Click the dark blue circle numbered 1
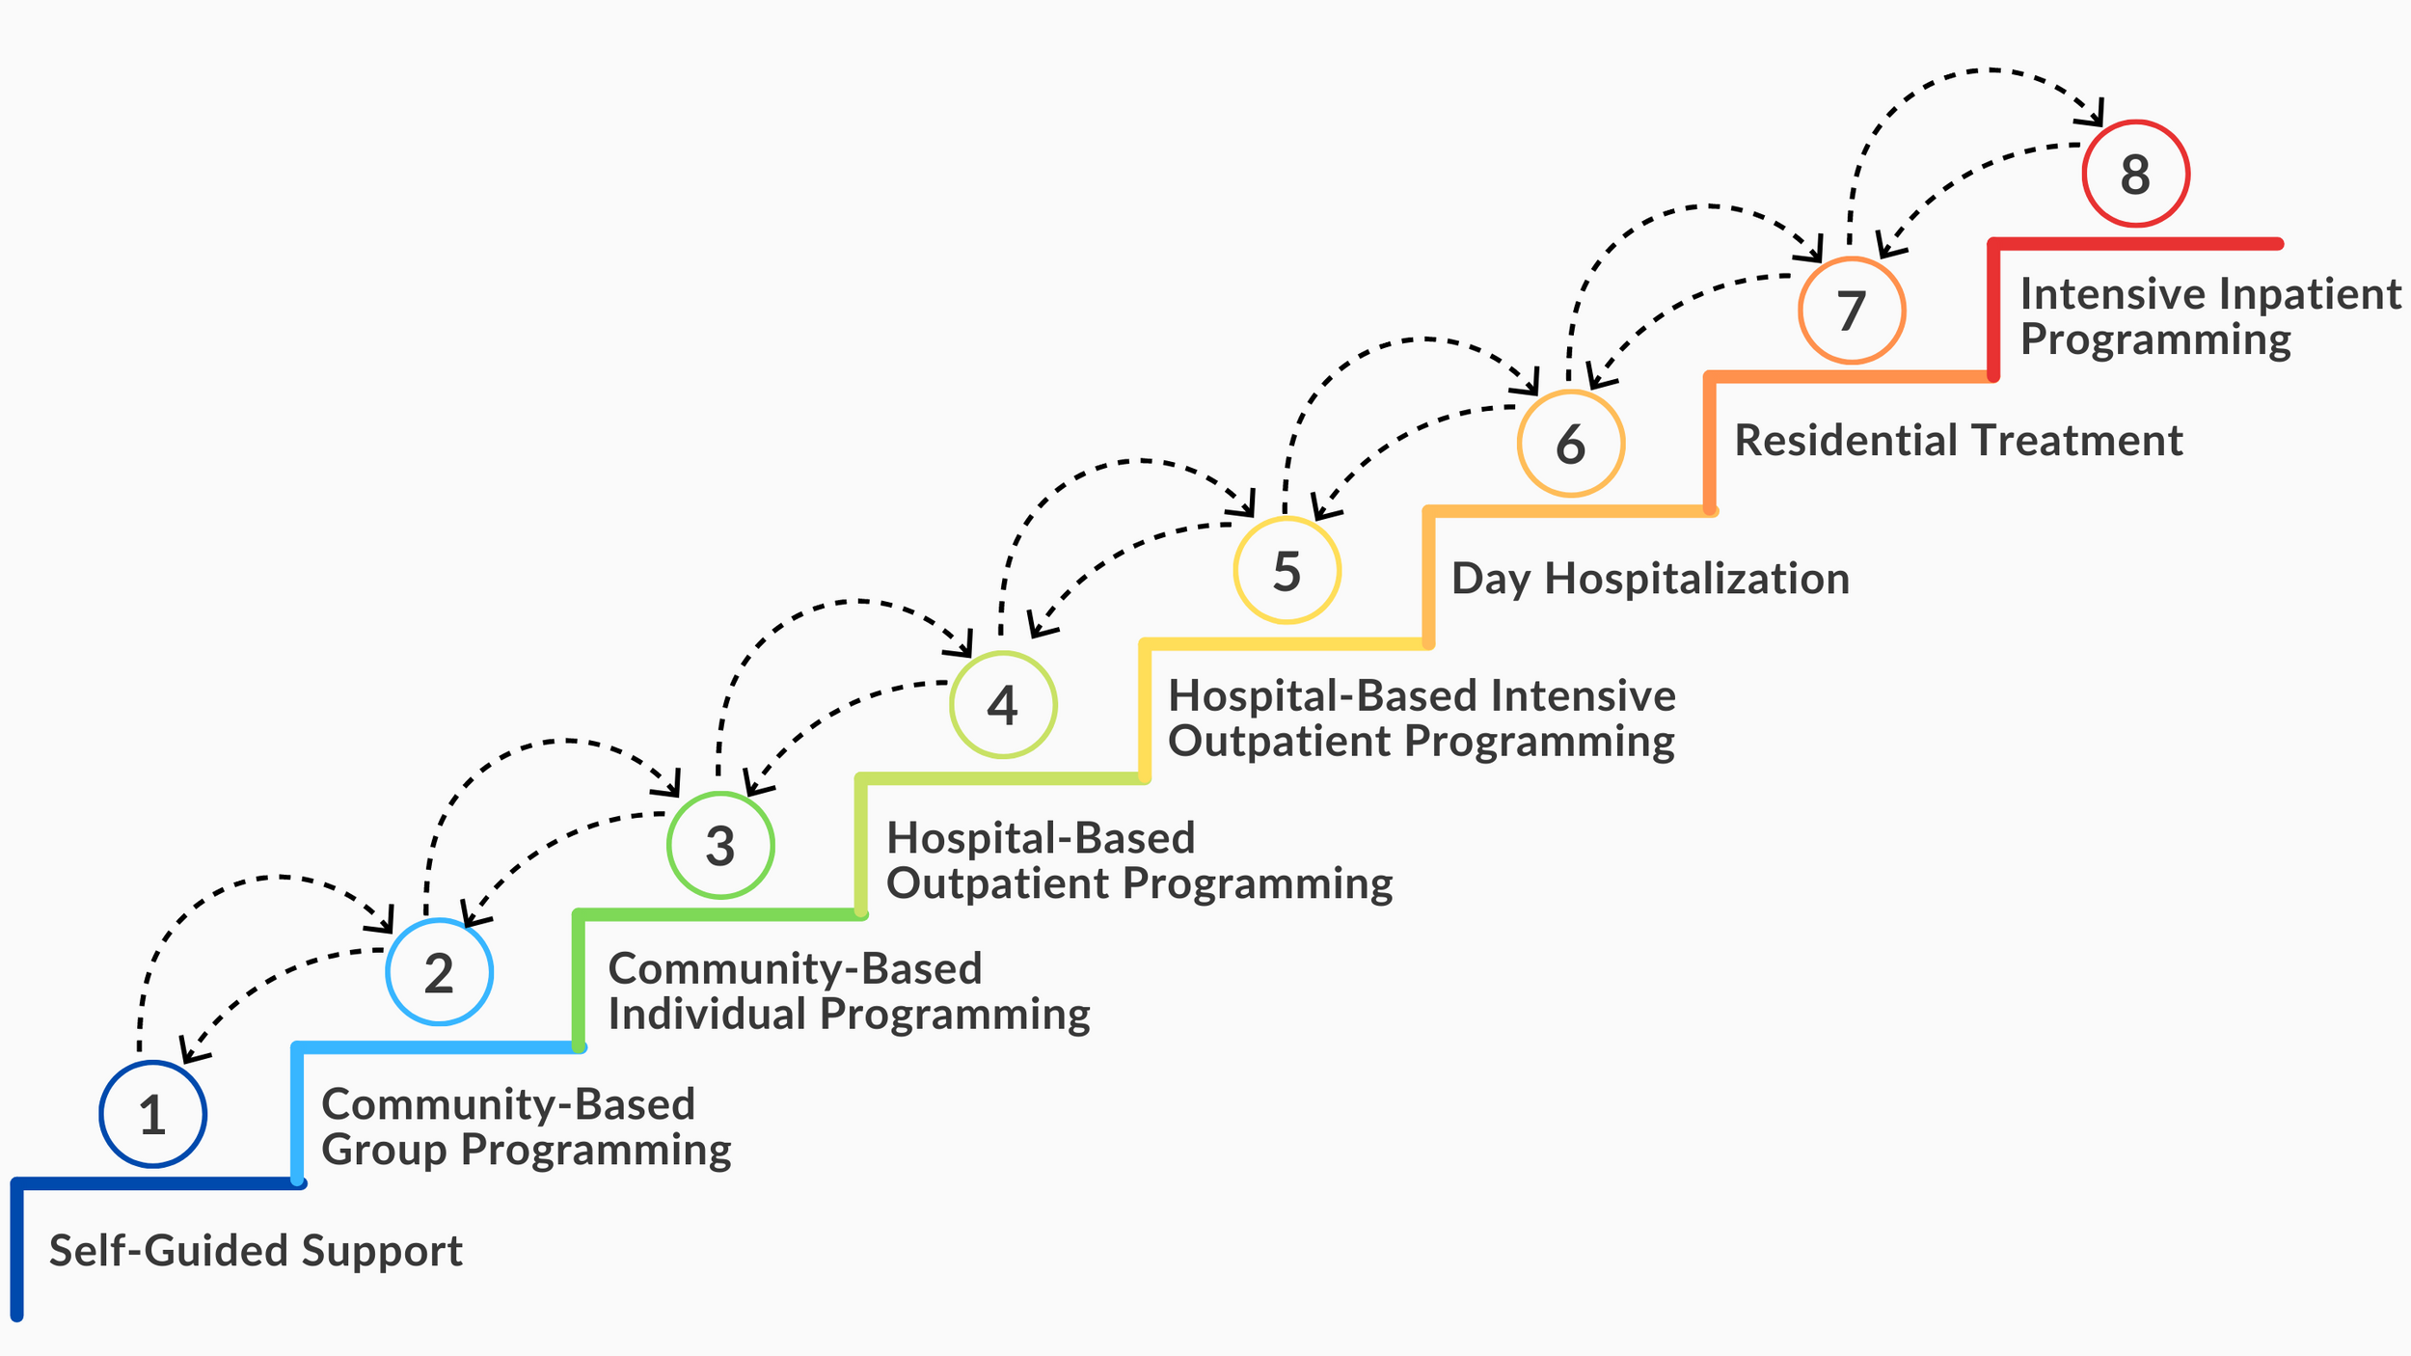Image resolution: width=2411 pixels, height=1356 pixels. [152, 1114]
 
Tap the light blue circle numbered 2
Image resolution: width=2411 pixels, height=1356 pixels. [439, 971]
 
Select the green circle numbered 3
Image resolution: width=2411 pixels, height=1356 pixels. [720, 845]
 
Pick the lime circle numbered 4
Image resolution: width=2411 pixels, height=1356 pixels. [1003, 704]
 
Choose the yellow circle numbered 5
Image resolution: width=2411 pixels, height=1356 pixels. [1287, 570]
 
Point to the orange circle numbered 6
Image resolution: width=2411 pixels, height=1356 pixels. [1570, 444]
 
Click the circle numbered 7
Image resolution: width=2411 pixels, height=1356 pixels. [1851, 311]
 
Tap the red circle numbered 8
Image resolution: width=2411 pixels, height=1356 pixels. [2135, 174]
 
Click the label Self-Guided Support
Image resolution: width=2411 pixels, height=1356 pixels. [256, 1251]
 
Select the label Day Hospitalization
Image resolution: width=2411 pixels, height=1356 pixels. [1650, 579]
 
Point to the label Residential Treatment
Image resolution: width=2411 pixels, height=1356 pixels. [1958, 441]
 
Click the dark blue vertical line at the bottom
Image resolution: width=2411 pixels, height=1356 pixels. [16, 1254]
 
